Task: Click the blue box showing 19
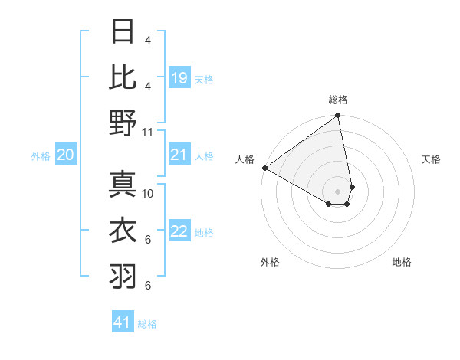[179, 78]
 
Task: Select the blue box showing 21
[179, 155]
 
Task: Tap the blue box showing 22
[179, 232]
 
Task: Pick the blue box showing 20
[65, 155]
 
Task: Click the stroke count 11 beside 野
[148, 132]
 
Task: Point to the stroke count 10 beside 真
[148, 194]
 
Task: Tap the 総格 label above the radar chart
[338, 100]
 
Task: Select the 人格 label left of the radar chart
[245, 159]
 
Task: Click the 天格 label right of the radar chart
[431, 159]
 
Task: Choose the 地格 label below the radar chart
[402, 262]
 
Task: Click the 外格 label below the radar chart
[270, 262]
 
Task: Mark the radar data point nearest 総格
[337, 116]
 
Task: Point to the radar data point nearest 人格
[264, 168]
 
